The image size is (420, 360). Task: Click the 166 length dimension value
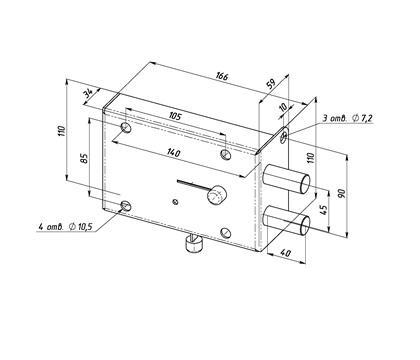(x=222, y=76)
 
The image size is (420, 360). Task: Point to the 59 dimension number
(x=272, y=83)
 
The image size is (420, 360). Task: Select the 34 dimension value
(x=89, y=93)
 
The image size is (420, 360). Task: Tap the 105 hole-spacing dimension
(x=175, y=116)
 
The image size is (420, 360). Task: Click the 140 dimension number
(x=173, y=153)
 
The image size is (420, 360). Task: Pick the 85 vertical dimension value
(x=84, y=158)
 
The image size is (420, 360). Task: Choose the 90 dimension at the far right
(x=342, y=193)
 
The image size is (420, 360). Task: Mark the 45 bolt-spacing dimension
(x=323, y=209)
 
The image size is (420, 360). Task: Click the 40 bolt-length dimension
(x=285, y=253)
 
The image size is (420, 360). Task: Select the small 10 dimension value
(x=283, y=107)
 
